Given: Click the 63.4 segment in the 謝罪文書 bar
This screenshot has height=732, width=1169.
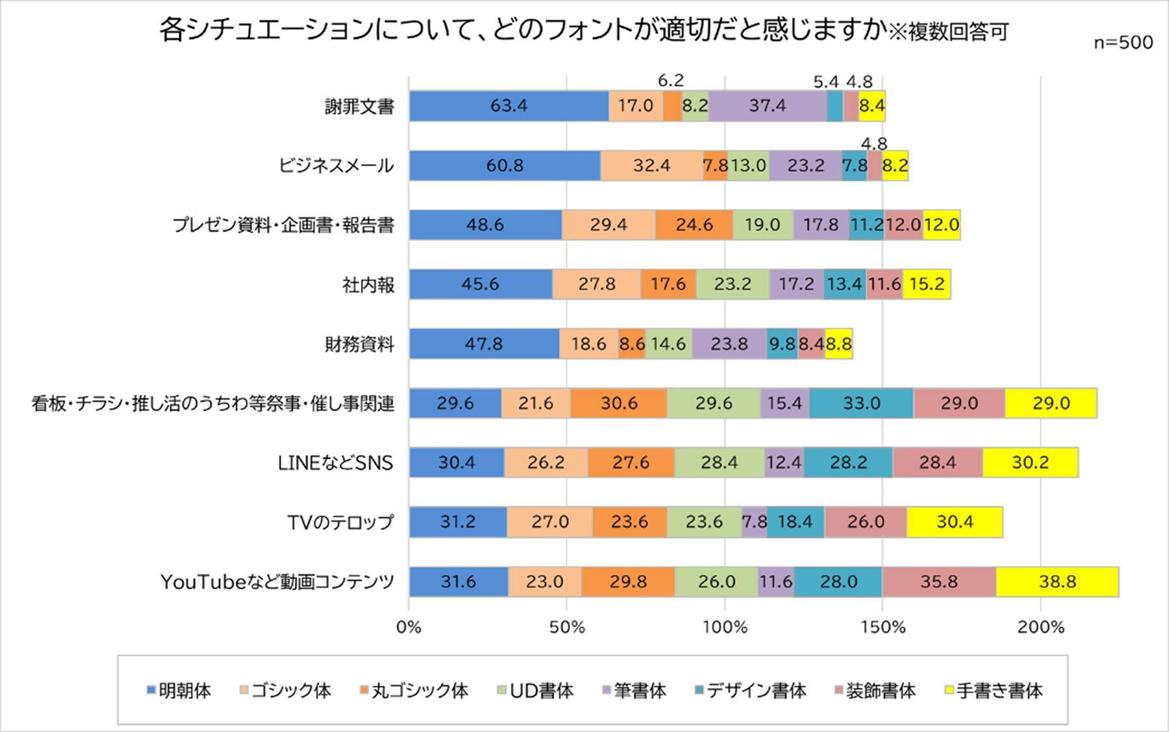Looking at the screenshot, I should point(509,106).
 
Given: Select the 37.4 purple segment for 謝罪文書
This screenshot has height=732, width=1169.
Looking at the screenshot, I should point(767,106).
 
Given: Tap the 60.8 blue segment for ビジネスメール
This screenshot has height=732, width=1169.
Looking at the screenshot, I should point(505,166).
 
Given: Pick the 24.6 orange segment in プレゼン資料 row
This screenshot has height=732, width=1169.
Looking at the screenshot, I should point(694,225).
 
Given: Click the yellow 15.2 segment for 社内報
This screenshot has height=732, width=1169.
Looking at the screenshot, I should point(926,284).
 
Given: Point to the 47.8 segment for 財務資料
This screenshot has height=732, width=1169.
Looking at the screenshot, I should point(484,344).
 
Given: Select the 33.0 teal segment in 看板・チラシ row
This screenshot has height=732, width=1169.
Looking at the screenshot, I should point(861,403).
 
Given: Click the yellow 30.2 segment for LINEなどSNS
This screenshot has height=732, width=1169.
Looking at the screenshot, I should point(1030,462).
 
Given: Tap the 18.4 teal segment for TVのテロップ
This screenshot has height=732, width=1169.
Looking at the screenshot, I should point(795,522).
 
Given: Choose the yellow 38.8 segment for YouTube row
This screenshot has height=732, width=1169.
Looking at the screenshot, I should point(1057,581).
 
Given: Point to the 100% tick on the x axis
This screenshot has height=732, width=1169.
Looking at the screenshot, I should point(725,627).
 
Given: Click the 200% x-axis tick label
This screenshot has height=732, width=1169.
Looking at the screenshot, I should point(1040,627).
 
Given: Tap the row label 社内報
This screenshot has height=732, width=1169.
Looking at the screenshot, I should point(368,284).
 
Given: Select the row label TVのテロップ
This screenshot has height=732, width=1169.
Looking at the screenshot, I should point(340,522).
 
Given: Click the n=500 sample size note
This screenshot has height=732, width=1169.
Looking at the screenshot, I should point(1123,43).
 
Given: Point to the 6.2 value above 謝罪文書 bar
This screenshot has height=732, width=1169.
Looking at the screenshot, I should point(671,81).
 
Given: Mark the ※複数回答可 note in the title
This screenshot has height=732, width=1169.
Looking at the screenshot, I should point(948,32).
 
